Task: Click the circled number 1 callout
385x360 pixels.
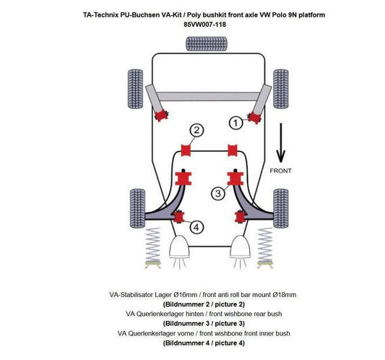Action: [234, 123]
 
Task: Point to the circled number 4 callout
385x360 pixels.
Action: [196, 227]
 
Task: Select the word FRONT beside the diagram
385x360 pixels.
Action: [282, 172]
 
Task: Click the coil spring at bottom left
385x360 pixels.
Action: [154, 248]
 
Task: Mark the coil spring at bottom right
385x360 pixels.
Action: [261, 248]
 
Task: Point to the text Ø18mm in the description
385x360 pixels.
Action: [285, 295]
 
